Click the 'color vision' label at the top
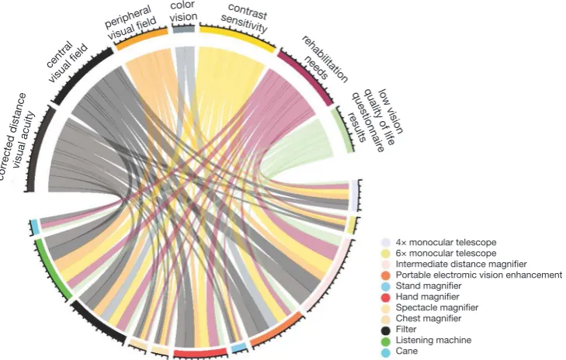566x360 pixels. (184, 11)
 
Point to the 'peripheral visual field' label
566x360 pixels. (130, 22)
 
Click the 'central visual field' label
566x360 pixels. (67, 61)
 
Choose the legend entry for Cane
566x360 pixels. (400, 351)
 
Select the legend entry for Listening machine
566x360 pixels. (426, 340)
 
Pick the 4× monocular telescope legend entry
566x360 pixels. (439, 242)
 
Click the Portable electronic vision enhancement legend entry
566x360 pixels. (471, 275)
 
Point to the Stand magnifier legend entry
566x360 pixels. (422, 286)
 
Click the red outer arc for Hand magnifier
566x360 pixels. (200, 353)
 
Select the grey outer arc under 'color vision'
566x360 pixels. (184, 29)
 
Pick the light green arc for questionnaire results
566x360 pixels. (343, 130)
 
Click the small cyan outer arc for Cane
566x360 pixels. (35, 227)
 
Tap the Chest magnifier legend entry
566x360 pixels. (422, 319)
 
